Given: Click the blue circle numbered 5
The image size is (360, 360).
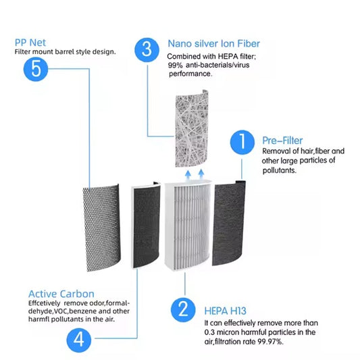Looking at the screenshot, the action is (36, 69).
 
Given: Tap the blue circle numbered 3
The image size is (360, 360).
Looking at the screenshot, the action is (147, 50).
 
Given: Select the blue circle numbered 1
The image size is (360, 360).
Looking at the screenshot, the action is (242, 142).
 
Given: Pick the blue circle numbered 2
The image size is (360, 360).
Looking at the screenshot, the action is (183, 310).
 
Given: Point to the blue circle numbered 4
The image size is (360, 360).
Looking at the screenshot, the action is (79, 340).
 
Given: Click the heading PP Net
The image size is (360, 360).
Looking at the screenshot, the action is (30, 43).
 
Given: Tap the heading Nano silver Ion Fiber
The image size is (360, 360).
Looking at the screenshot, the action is (213, 44).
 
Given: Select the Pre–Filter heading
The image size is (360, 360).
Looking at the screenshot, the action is (282, 140).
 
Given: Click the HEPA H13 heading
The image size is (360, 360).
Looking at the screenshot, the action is (225, 311).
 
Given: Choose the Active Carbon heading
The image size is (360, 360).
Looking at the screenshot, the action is (61, 294).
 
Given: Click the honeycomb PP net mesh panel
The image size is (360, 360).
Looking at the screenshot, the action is (101, 228).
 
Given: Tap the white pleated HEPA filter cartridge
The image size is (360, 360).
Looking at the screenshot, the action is (188, 225).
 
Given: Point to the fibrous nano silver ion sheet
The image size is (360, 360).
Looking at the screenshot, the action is (192, 128).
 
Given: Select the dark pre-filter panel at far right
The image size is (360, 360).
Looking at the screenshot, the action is (229, 223).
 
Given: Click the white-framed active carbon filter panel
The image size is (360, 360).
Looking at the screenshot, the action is (145, 225).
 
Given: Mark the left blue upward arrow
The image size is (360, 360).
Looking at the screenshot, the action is (188, 174).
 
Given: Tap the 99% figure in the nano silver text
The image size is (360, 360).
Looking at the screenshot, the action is (175, 66).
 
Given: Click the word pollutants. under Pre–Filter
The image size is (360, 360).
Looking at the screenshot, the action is (280, 170).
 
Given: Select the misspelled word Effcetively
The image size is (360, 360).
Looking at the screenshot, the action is (44, 303).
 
